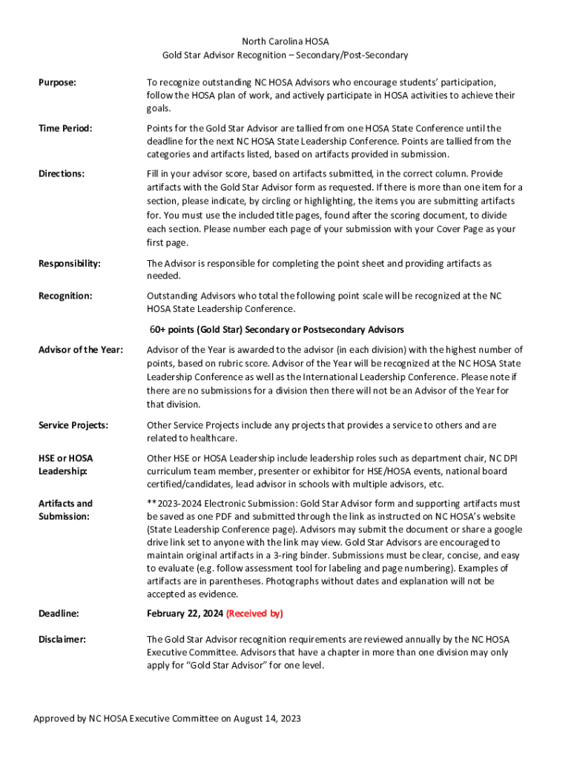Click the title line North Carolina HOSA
coord(285,42)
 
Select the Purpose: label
coord(57,82)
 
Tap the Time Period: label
coord(65,128)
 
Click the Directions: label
coord(62,173)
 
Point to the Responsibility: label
coord(70,263)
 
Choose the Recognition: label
coord(65,296)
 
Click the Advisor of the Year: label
coord(80,349)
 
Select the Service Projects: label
coord(73,425)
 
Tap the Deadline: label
coord(59,614)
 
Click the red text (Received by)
coord(254,614)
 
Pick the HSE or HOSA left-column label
coord(66,458)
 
